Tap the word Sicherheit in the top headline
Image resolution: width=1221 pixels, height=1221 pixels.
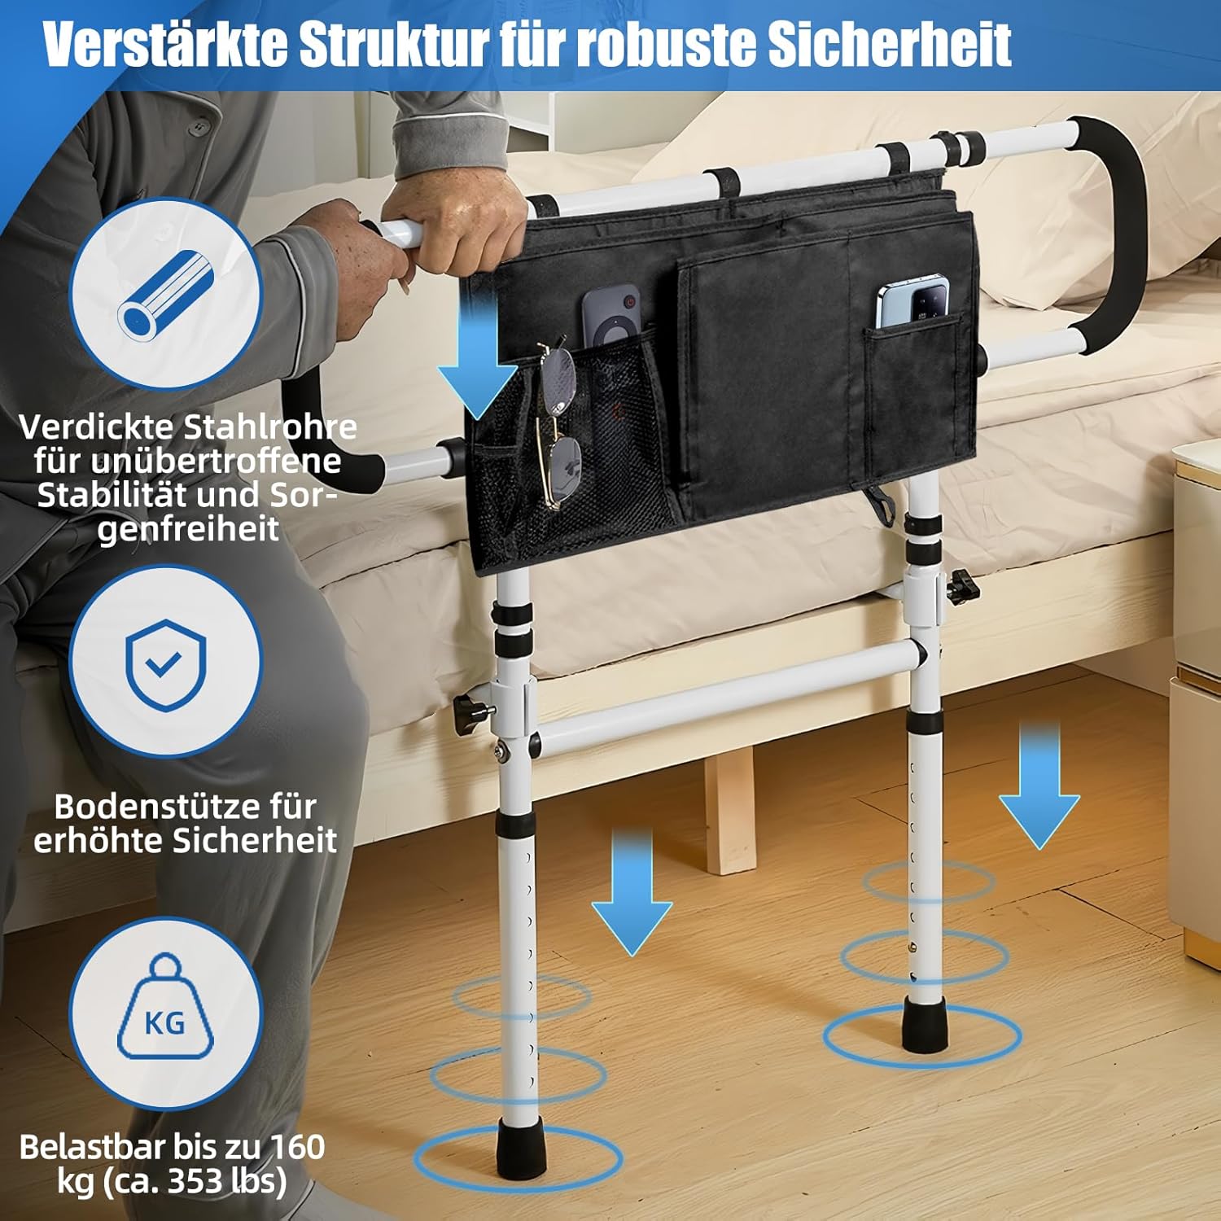(x=890, y=45)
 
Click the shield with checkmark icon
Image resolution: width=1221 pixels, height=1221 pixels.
(x=165, y=662)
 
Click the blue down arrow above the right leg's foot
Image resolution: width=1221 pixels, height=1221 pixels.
(x=1039, y=786)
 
